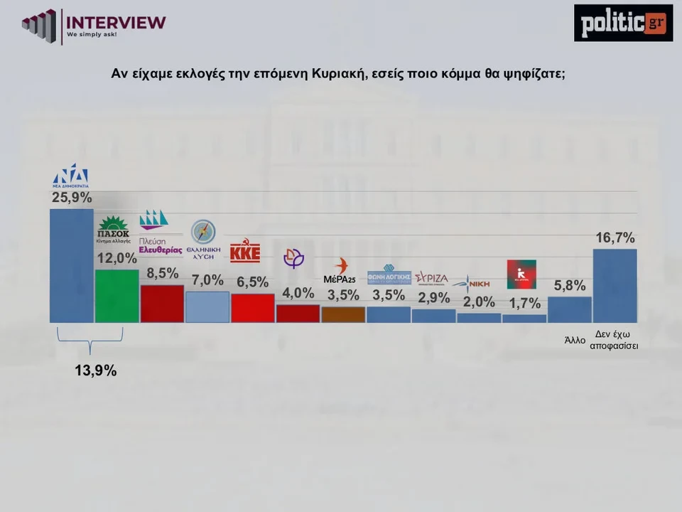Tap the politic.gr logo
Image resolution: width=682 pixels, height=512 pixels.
[x=623, y=23]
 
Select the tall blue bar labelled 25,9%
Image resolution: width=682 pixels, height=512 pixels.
[x=71, y=265]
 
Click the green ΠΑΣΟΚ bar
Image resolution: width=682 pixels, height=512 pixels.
[x=117, y=296]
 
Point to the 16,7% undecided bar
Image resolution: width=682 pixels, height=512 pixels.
[x=615, y=285]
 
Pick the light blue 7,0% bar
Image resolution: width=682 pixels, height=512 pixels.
[x=207, y=306]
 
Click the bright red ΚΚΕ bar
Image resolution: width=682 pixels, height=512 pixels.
[x=252, y=308]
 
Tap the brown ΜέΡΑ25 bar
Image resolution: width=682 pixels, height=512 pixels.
[x=343, y=314]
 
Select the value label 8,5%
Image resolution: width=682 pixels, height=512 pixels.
[x=162, y=273]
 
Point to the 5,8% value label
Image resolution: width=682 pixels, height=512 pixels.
[x=570, y=286]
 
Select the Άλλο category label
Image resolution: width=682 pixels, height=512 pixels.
[x=574, y=340]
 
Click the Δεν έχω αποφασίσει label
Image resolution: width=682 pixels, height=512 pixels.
[x=615, y=339]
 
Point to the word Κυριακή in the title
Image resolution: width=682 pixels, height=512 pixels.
[x=336, y=73]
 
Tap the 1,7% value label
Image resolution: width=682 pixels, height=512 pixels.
[x=524, y=304]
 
